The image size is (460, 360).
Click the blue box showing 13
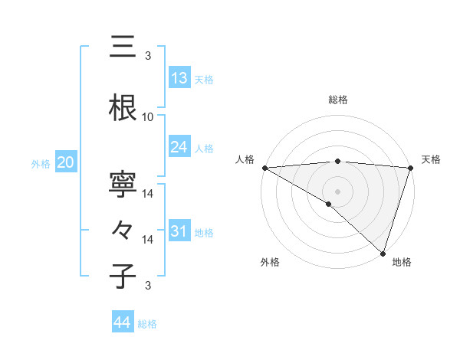click(179, 78)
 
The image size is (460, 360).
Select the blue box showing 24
click(179, 147)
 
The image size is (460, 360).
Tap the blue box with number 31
click(179, 231)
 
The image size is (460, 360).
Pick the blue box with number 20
click(65, 162)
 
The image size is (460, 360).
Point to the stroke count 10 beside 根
click(148, 117)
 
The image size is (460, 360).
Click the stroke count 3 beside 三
click(148, 56)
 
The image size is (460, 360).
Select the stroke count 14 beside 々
click(148, 240)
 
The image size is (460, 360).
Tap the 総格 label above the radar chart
click(337, 100)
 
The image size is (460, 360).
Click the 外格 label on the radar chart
click(270, 262)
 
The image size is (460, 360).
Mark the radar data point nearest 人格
click(264, 167)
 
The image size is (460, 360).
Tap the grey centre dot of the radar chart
click(337, 191)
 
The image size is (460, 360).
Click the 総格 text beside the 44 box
click(147, 324)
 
